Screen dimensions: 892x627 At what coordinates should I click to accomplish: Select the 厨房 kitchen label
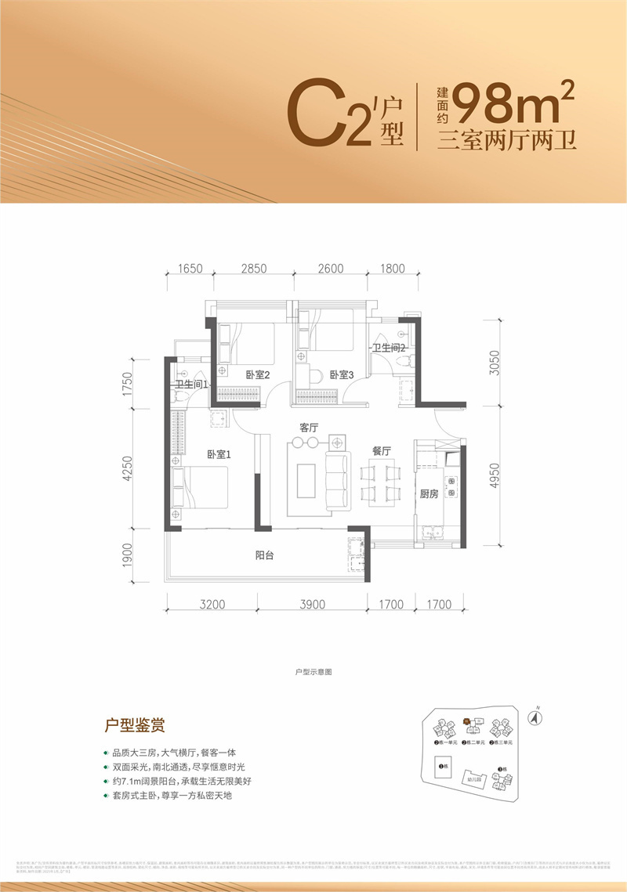(x=428, y=493)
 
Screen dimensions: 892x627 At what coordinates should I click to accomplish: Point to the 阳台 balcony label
(x=266, y=555)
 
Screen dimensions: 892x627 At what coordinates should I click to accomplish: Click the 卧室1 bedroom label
(x=219, y=454)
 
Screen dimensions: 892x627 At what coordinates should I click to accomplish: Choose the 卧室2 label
(x=257, y=375)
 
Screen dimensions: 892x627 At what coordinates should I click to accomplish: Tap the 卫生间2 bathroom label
(x=389, y=347)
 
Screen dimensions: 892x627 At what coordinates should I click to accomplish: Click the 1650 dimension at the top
(x=190, y=269)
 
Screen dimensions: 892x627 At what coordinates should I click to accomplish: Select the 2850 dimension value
(x=254, y=269)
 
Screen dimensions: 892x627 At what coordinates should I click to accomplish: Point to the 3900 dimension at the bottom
(x=311, y=604)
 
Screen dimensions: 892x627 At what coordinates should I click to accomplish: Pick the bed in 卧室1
(x=201, y=487)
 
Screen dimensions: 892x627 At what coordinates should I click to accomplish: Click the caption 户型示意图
(x=313, y=672)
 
